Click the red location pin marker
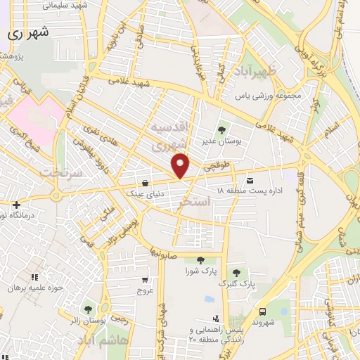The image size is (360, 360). (x=181, y=165)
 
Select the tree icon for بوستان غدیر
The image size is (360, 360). (x=222, y=130)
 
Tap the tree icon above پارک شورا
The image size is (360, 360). (x=200, y=260)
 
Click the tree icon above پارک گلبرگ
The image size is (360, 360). (x=236, y=274)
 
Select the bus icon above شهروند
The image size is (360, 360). (x=262, y=311)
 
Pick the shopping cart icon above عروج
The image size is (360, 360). (x=145, y=280)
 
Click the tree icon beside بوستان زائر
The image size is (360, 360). (x=88, y=309)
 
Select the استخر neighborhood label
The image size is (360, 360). (x=195, y=202)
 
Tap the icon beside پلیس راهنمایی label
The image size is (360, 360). (x=224, y=317)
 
